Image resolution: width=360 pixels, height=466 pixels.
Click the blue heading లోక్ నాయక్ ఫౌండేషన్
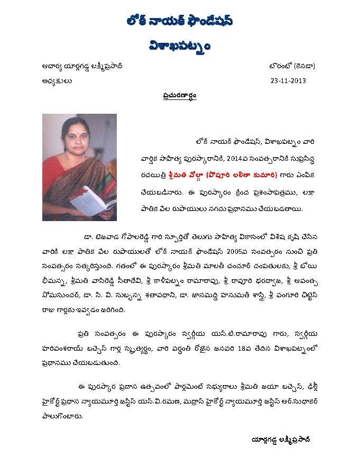coord(180,22)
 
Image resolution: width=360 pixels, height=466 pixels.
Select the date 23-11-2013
coord(288,81)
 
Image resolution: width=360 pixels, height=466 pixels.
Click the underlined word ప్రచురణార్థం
coord(180,97)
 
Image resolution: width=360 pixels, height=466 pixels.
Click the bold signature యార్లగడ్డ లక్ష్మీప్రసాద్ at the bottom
coord(281,440)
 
